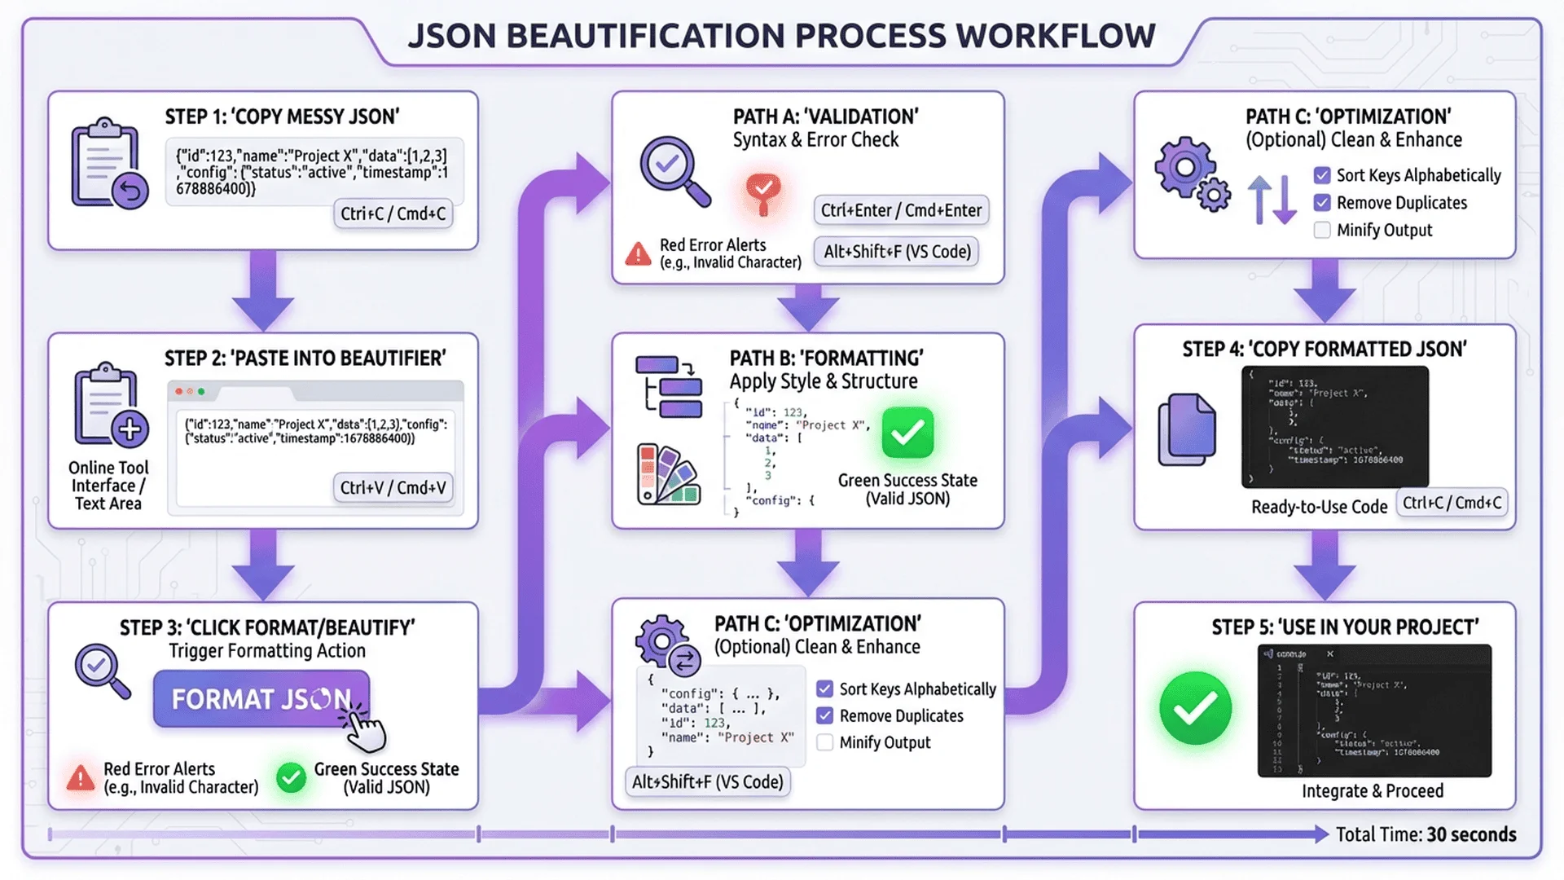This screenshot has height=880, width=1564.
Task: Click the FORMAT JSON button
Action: click(261, 699)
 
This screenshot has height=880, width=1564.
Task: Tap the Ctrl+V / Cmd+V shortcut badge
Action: click(393, 488)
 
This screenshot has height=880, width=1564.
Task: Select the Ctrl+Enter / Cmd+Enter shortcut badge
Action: click(901, 210)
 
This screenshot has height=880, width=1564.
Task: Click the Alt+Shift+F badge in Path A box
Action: click(897, 252)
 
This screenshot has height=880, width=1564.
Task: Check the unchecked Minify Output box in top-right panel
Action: click(1322, 231)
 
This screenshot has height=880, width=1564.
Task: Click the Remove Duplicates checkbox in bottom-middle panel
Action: click(825, 716)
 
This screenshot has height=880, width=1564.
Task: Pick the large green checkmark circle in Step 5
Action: click(1195, 708)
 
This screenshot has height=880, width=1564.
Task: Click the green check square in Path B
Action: click(907, 433)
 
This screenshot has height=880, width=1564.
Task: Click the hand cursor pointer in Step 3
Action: click(364, 728)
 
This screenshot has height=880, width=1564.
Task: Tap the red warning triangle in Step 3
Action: click(81, 778)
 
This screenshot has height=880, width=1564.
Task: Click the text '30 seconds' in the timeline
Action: click(1471, 834)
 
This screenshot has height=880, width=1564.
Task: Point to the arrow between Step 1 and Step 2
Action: click(262, 290)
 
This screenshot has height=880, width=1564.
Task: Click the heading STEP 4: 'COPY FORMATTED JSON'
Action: click(1325, 350)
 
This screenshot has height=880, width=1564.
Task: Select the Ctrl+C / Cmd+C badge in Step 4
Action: click(1452, 503)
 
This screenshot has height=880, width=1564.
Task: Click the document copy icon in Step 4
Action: click(1187, 429)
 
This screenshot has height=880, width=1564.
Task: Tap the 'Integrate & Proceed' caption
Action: click(1372, 791)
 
